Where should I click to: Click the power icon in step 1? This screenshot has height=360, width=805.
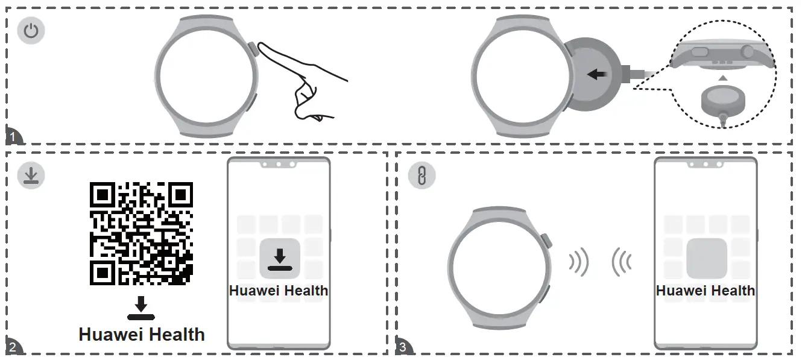pyautogui.click(x=30, y=31)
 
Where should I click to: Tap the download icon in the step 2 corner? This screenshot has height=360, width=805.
pyautogui.click(x=30, y=175)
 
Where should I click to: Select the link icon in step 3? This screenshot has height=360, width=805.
pyautogui.click(x=421, y=175)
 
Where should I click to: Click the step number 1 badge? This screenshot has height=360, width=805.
pyautogui.click(x=13, y=137)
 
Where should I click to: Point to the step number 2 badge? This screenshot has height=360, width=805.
pyautogui.click(x=13, y=347)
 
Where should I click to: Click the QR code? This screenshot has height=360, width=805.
pyautogui.click(x=141, y=233)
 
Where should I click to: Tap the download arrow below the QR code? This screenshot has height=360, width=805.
pyautogui.click(x=141, y=308)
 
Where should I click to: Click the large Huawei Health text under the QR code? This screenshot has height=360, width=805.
pyautogui.click(x=142, y=334)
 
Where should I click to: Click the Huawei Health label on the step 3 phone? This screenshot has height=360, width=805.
pyautogui.click(x=705, y=291)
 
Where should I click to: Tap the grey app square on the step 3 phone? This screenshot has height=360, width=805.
pyautogui.click(x=706, y=257)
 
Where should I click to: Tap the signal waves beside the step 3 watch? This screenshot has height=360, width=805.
pyautogui.click(x=578, y=262)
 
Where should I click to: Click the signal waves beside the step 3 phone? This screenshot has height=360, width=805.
pyautogui.click(x=621, y=262)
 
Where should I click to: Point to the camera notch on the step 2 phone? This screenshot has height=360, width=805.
pyautogui.click(x=278, y=164)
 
